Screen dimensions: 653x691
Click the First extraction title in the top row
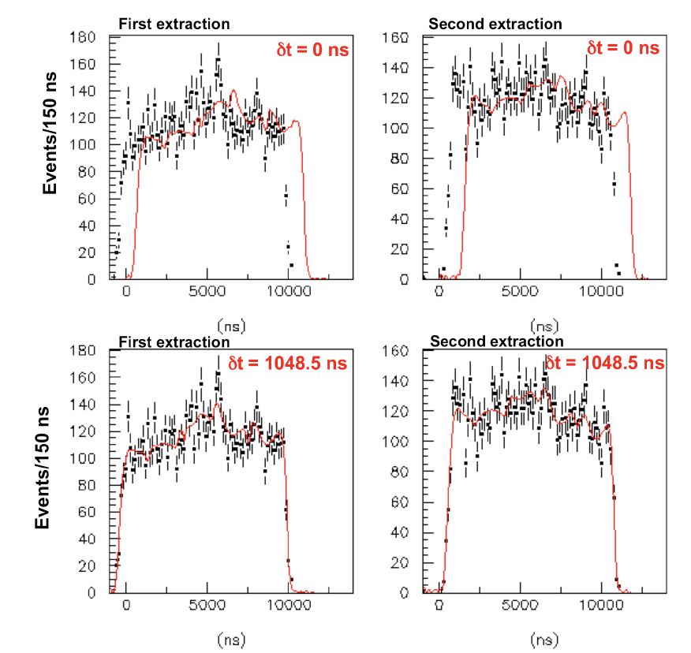click(x=174, y=24)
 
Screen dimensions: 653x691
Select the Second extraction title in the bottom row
click(x=497, y=341)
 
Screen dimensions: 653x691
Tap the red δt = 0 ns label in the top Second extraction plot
click(x=622, y=48)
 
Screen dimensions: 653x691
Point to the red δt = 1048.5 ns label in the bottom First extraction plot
click(x=286, y=363)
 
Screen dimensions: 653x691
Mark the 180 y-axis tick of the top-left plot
click(x=84, y=37)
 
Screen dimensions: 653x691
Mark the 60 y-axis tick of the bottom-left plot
click(x=88, y=512)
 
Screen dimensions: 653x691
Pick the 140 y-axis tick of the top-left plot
click(x=84, y=91)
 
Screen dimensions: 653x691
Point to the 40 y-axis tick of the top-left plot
click(x=88, y=226)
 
